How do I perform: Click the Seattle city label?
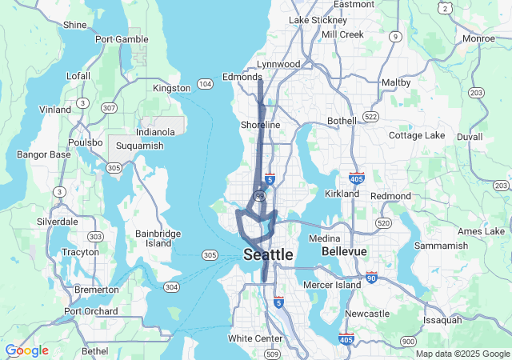point(267,254)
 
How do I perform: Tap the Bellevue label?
point(344,251)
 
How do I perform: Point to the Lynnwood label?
point(278,64)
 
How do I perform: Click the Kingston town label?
point(171,88)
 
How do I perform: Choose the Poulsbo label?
point(84,142)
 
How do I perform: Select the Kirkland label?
point(344,194)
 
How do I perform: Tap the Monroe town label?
point(478,38)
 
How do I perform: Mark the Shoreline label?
point(261,125)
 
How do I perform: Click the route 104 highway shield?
point(206,83)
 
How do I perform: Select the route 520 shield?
point(383,222)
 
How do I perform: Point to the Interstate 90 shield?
point(371,278)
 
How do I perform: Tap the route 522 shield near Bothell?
point(370,117)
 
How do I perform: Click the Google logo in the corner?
point(26,350)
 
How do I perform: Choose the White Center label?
point(254,338)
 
